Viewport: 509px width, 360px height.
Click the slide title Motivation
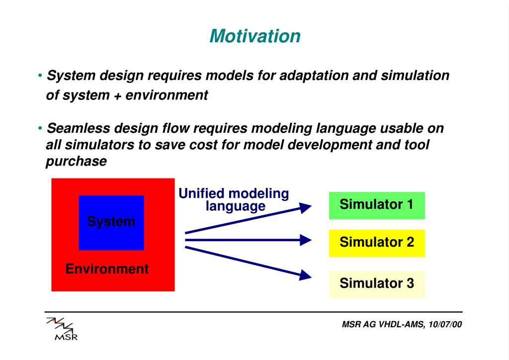pyautogui.click(x=255, y=36)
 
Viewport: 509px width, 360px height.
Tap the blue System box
pyautogui.click(x=111, y=223)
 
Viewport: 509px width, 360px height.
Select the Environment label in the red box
pyautogui.click(x=107, y=269)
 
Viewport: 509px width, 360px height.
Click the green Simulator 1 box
pyautogui.click(x=377, y=205)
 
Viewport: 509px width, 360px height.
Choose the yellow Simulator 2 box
pyautogui.click(x=377, y=243)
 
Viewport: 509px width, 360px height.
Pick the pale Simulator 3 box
pyautogui.click(x=377, y=284)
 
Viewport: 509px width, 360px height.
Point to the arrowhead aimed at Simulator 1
pyautogui.click(x=305, y=207)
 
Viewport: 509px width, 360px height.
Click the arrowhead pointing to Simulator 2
pyautogui.click(x=306, y=240)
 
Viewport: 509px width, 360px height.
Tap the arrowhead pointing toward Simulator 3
pyautogui.click(x=305, y=275)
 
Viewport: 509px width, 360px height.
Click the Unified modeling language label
pyautogui.click(x=234, y=200)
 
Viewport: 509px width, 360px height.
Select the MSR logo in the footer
pyautogui.click(x=62, y=329)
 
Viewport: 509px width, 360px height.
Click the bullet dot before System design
pyautogui.click(x=40, y=76)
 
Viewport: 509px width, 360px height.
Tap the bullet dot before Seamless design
pyautogui.click(x=40, y=128)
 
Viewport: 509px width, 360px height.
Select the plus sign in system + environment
pyautogui.click(x=117, y=96)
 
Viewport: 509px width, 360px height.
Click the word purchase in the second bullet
pyautogui.click(x=76, y=162)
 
